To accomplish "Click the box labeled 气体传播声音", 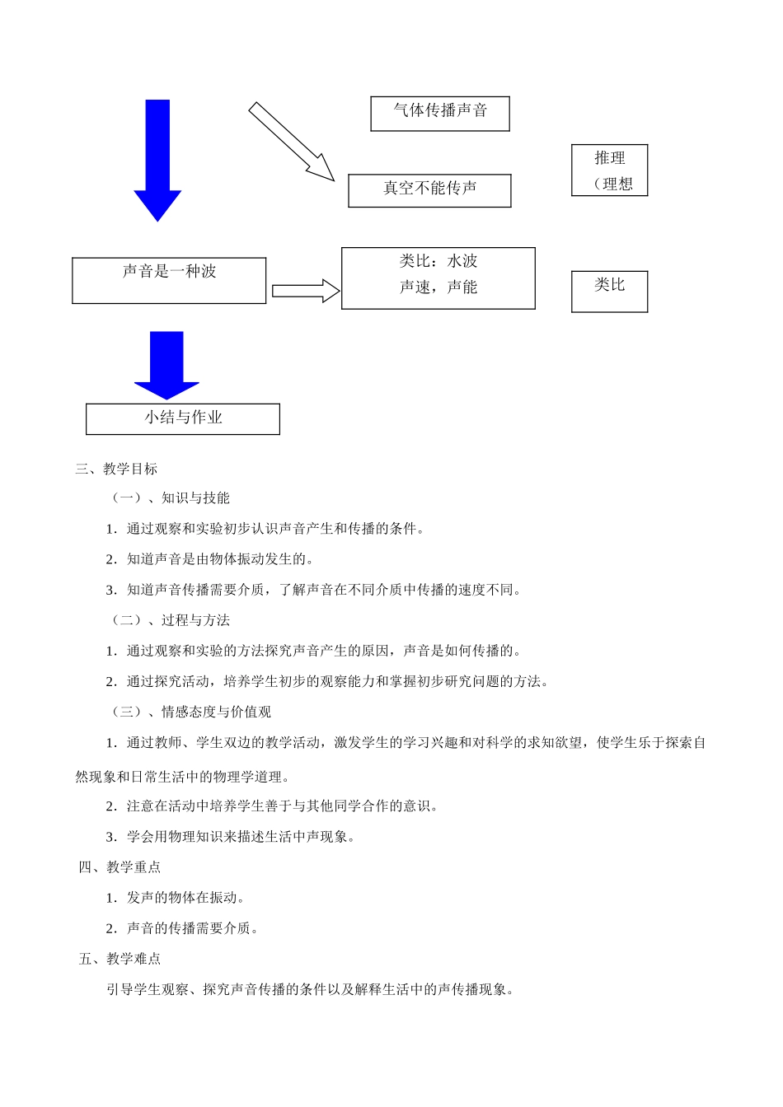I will tap(440, 114).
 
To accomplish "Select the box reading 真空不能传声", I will tap(429, 190).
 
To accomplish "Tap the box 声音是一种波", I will tap(169, 280).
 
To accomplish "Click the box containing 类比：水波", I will tap(438, 278).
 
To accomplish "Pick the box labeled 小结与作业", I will tap(183, 418).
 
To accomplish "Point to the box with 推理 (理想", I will tap(609, 170).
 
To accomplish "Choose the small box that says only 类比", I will tap(609, 292).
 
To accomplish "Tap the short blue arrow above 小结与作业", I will tap(166, 363).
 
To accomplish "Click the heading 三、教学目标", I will tap(116, 469).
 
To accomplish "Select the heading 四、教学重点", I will tap(120, 866).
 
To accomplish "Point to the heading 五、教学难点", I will tap(120, 959).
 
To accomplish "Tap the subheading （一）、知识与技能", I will tap(169, 497).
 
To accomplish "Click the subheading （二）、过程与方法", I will tap(169, 620).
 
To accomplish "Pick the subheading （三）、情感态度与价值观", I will tap(190, 712).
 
